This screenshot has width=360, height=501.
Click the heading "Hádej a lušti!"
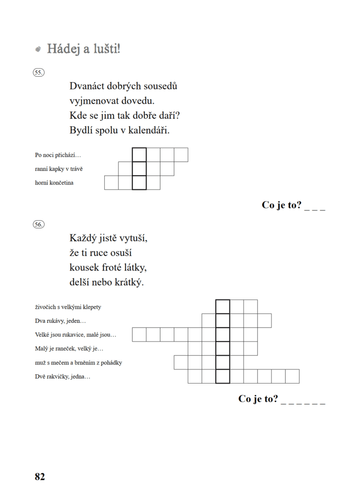tap(83, 49)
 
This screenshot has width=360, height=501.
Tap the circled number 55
tap(39, 72)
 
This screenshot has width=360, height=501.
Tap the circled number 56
tap(39, 225)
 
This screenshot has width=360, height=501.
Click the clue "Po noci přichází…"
tap(58, 155)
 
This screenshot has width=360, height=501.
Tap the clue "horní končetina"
tap(54, 183)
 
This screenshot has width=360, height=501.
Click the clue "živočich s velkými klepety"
tap(68, 307)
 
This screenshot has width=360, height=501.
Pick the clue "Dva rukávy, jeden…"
tap(60, 321)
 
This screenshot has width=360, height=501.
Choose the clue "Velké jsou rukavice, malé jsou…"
tap(76, 335)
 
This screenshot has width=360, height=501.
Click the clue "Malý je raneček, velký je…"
tap(69, 349)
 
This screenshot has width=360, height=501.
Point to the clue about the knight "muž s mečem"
tap(78, 363)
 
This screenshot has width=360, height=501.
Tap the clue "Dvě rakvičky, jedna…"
tap(63, 377)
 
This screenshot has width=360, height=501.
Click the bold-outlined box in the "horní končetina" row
tap(139, 182)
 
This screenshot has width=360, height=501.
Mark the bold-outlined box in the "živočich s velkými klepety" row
tap(223, 307)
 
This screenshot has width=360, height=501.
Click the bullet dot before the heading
tap(38, 49)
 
